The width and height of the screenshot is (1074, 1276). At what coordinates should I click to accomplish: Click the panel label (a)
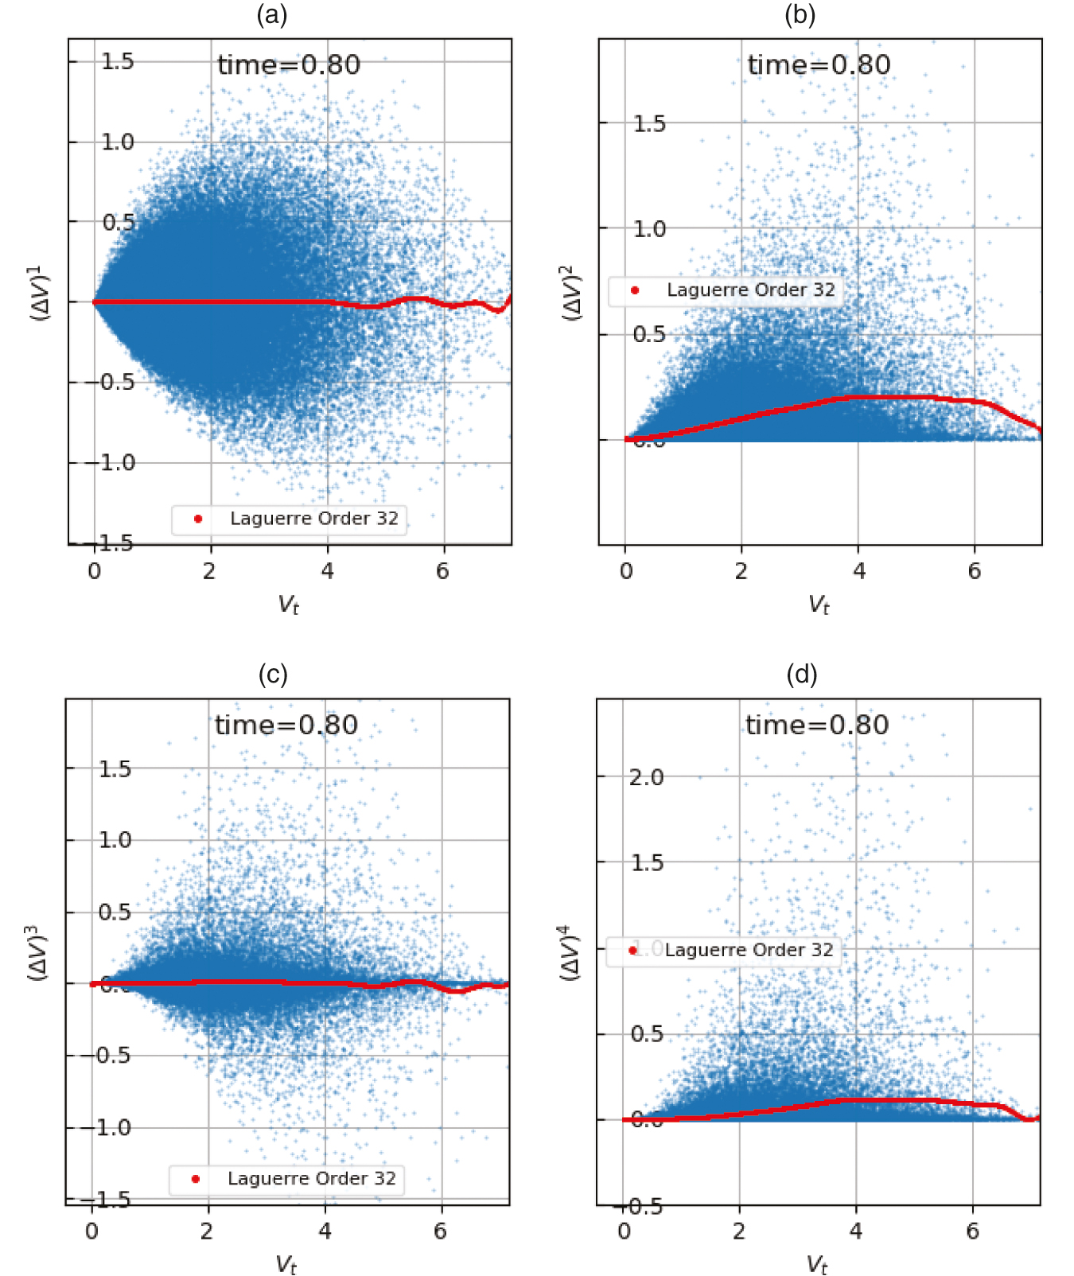[271, 14]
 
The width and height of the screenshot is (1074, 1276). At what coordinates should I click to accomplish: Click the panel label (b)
[800, 14]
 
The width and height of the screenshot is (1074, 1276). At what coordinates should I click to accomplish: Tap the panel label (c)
[273, 675]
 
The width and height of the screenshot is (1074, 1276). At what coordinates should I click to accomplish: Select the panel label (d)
[801, 675]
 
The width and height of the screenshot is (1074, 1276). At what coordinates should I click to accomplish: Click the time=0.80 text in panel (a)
[289, 65]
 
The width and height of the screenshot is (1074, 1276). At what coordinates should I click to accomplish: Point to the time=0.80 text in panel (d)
[817, 726]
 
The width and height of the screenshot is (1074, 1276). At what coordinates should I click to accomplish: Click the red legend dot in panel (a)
[198, 519]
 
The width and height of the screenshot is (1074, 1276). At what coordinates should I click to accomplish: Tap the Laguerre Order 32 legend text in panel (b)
[751, 290]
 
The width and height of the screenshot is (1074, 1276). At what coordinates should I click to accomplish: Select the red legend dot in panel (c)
[196, 1179]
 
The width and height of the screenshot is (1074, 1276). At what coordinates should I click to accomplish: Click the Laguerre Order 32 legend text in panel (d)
[749, 950]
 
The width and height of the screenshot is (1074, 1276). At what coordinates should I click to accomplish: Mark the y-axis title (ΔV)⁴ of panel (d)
[570, 952]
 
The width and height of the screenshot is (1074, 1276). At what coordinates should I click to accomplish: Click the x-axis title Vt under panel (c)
[286, 1264]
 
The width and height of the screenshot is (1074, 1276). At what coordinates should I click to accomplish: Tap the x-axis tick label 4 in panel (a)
[328, 571]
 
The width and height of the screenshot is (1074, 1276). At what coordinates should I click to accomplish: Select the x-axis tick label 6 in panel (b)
[975, 571]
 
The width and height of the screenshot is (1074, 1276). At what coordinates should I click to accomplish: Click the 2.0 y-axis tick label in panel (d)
[646, 777]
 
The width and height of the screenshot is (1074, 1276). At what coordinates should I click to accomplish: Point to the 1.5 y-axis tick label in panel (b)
[649, 124]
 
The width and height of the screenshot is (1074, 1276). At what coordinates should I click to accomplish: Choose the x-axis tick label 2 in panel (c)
[207, 1231]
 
